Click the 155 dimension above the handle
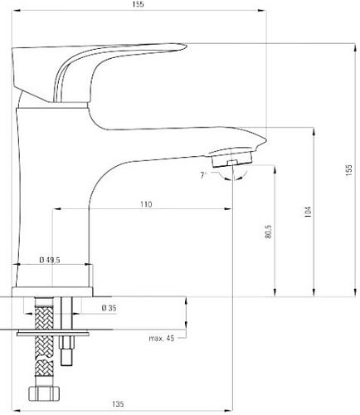(x=137, y=5)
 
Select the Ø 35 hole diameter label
(x=109, y=307)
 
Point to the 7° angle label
(x=203, y=175)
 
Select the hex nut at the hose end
(x=41, y=393)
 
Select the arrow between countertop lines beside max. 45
(x=186, y=314)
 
